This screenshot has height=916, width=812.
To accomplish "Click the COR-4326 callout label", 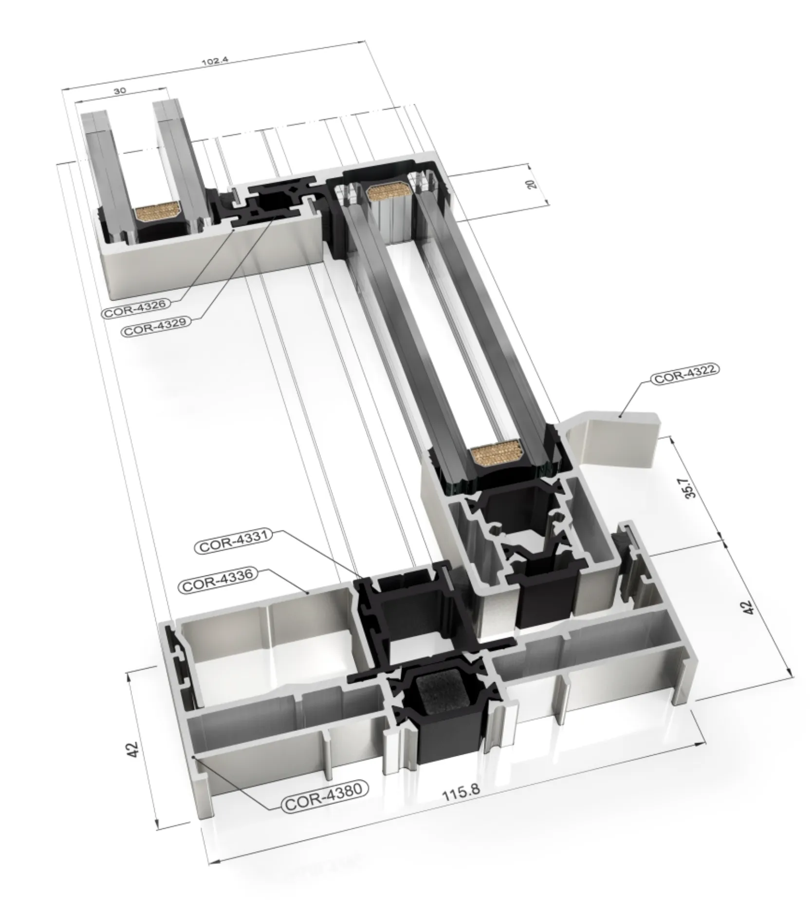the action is tap(136, 308).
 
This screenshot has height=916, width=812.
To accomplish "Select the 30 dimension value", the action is tap(120, 91).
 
